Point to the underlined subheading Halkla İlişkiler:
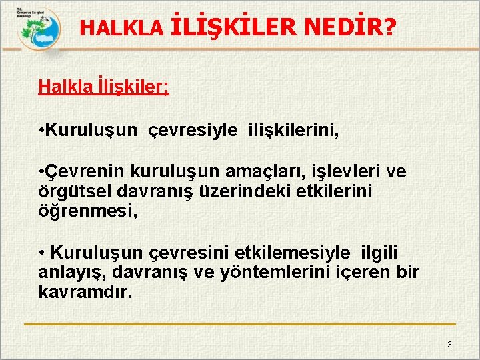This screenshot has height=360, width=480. [103, 87]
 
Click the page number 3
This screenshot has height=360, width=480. [449, 344]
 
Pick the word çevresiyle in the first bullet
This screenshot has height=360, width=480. [191, 130]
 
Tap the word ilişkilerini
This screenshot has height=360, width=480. [293, 130]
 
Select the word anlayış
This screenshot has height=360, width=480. [71, 271]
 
